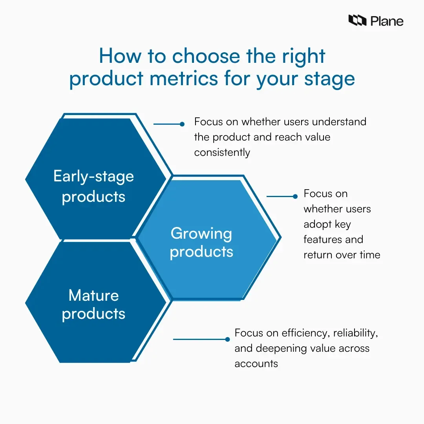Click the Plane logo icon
click(357, 20)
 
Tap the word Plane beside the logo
click(386, 21)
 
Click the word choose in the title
click(207, 56)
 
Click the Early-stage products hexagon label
click(94, 186)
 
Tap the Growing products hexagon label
click(201, 242)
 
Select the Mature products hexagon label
click(94, 304)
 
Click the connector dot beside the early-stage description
click(182, 124)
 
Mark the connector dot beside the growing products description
click(296, 196)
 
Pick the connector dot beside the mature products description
click(227, 339)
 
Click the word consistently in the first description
click(222, 152)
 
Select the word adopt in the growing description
click(316, 224)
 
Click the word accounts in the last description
click(256, 364)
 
